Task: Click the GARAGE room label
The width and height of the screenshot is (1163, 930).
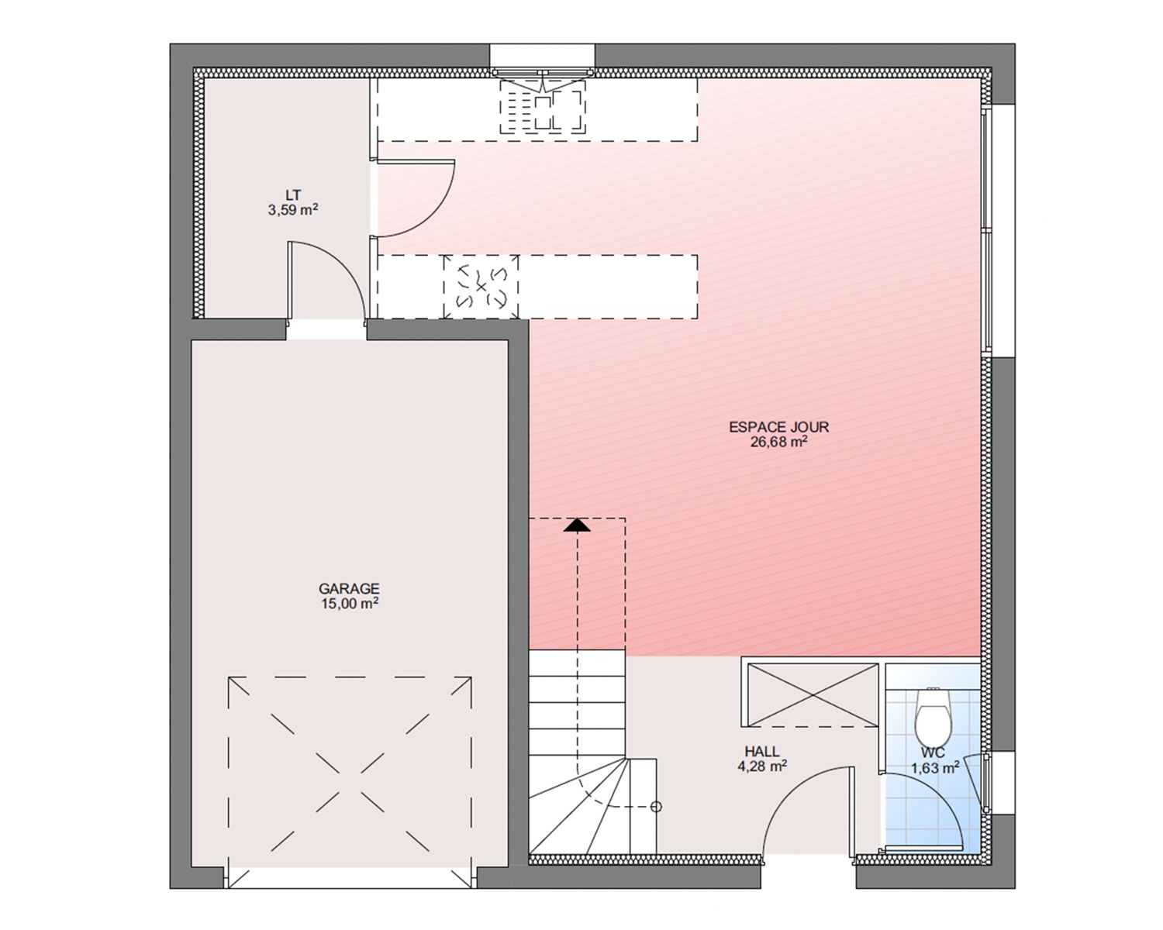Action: click(349, 588)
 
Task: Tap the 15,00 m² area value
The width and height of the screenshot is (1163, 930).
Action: click(350, 604)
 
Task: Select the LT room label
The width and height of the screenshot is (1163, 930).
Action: click(293, 195)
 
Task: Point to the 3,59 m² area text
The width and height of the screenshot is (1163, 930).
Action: click(293, 210)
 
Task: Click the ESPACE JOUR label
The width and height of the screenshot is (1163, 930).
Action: click(778, 427)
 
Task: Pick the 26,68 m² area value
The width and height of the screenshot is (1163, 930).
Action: click(778, 442)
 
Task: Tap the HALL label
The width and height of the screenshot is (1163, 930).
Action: click(762, 751)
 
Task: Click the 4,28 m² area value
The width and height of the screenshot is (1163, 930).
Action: click(762, 766)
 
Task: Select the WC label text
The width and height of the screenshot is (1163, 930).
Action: click(934, 753)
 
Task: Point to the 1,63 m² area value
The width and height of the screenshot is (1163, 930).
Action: click(935, 767)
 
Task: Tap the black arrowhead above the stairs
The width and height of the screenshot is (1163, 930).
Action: click(577, 525)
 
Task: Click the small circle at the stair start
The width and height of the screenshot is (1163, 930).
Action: click(656, 807)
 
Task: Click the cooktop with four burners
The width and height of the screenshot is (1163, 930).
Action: click(481, 287)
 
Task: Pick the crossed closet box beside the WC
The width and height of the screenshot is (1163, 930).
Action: click(813, 695)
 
